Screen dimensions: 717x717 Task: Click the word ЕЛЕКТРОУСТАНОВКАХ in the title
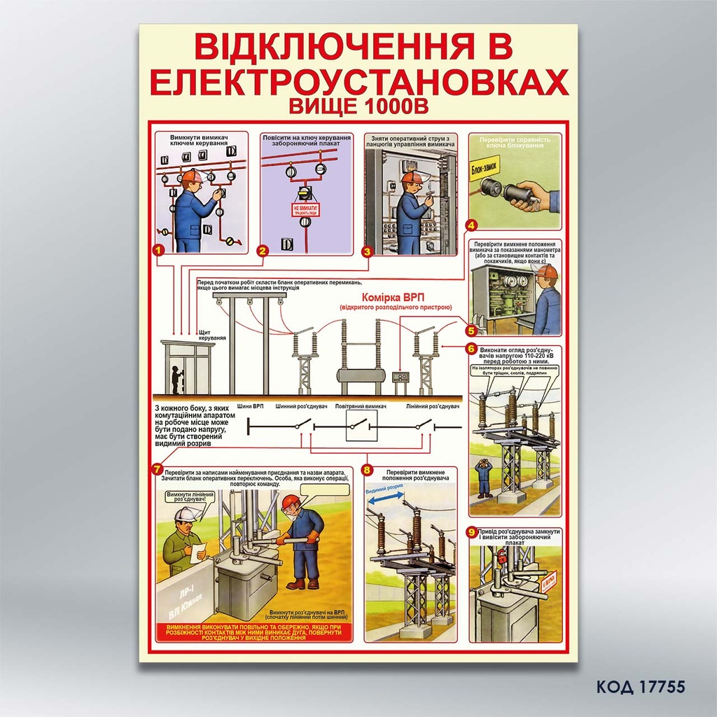point(358,82)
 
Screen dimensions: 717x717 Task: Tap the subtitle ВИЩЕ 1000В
point(358,106)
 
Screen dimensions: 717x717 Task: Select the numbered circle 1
point(159,248)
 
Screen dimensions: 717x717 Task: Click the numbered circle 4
point(472,225)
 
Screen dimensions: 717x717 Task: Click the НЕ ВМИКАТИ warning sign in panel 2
point(305,209)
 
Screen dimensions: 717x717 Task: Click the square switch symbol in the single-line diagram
point(361,426)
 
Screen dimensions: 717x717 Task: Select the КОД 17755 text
point(640,686)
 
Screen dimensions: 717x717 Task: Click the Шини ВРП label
point(250,406)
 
